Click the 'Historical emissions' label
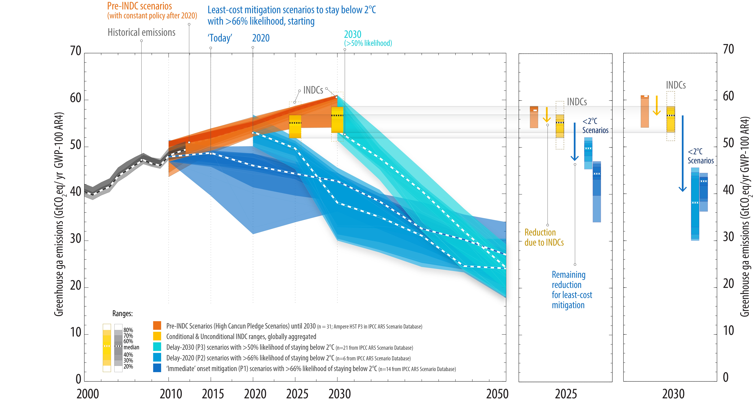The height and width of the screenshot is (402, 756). coord(141,32)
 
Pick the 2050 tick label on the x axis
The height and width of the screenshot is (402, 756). coord(497,394)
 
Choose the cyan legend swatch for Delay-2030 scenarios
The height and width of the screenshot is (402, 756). coord(157,347)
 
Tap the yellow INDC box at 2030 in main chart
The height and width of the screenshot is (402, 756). coord(337,120)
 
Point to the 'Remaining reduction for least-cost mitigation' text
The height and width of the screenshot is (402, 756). coord(571,290)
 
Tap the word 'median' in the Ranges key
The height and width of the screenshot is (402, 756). coord(131,347)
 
